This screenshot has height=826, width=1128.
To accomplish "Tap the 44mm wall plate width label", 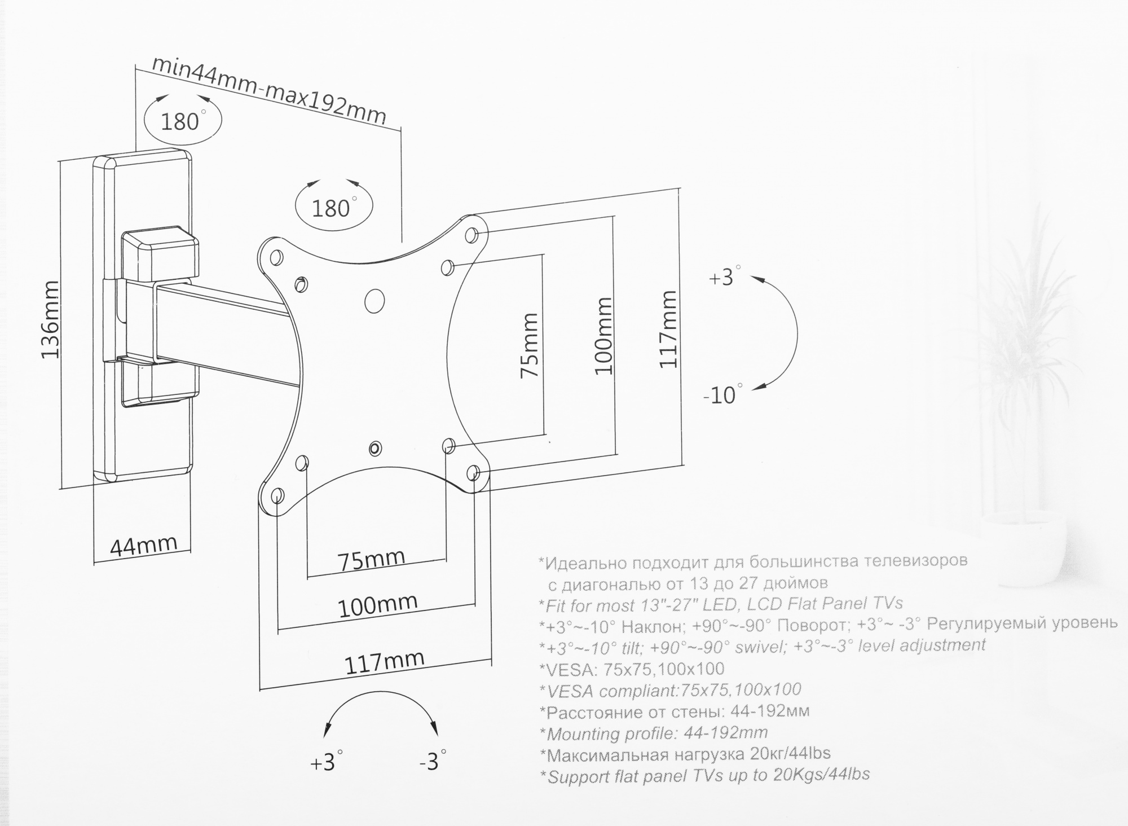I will pos(144,546).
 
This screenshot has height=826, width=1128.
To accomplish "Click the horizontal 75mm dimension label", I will pos(371,559).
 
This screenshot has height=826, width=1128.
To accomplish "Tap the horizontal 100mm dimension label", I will pos(377,605).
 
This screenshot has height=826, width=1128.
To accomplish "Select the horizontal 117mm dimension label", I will pos(384,662).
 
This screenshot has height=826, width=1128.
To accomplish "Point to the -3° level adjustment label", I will pos(432,762).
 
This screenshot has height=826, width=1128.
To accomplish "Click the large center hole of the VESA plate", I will pos(374,300).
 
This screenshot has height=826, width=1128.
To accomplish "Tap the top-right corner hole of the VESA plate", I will pos(473,234).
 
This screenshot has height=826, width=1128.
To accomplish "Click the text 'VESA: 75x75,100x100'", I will pos(632,669).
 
